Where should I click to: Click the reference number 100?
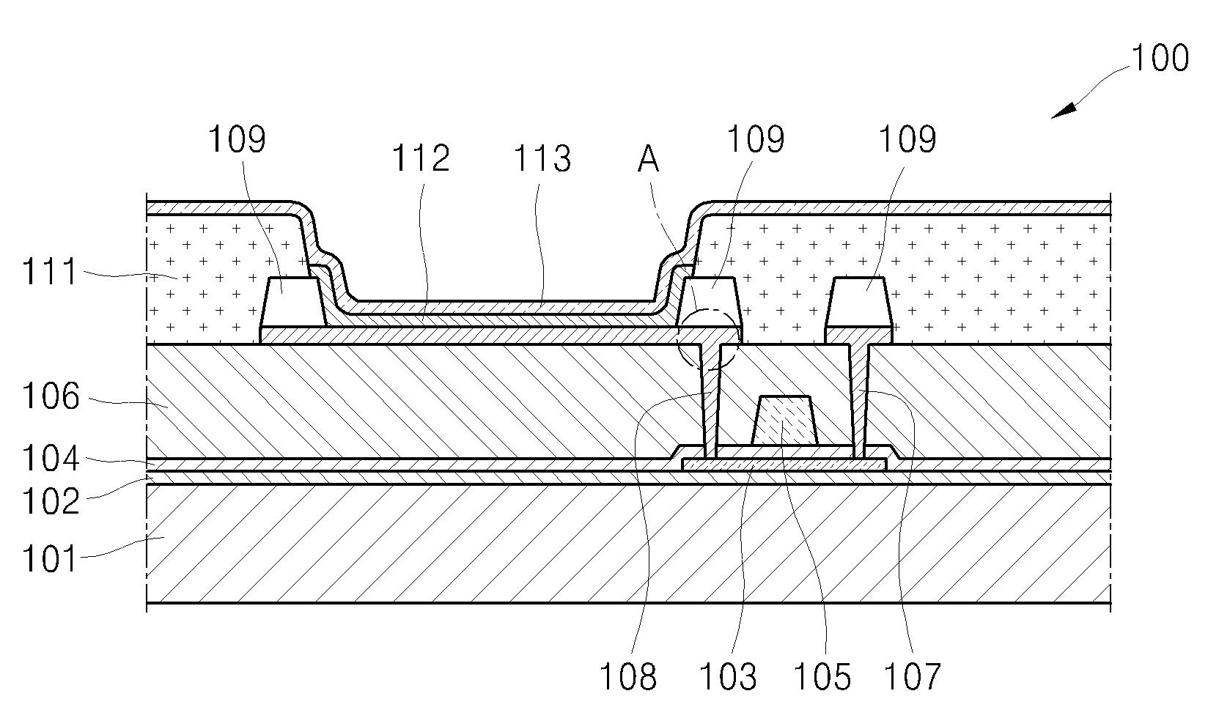click(1160, 59)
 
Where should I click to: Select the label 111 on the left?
click(49, 273)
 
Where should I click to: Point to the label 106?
click(49, 398)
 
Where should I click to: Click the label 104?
click(49, 459)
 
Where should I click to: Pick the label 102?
click(49, 503)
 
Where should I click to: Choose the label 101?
click(49, 559)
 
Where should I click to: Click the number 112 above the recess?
click(420, 158)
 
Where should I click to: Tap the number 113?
click(542, 158)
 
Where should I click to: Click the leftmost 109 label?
click(237, 139)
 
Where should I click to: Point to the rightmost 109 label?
click(907, 139)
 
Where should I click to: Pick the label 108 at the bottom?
click(627, 677)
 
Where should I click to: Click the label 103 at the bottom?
click(727, 677)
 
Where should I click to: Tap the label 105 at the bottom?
click(822, 677)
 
